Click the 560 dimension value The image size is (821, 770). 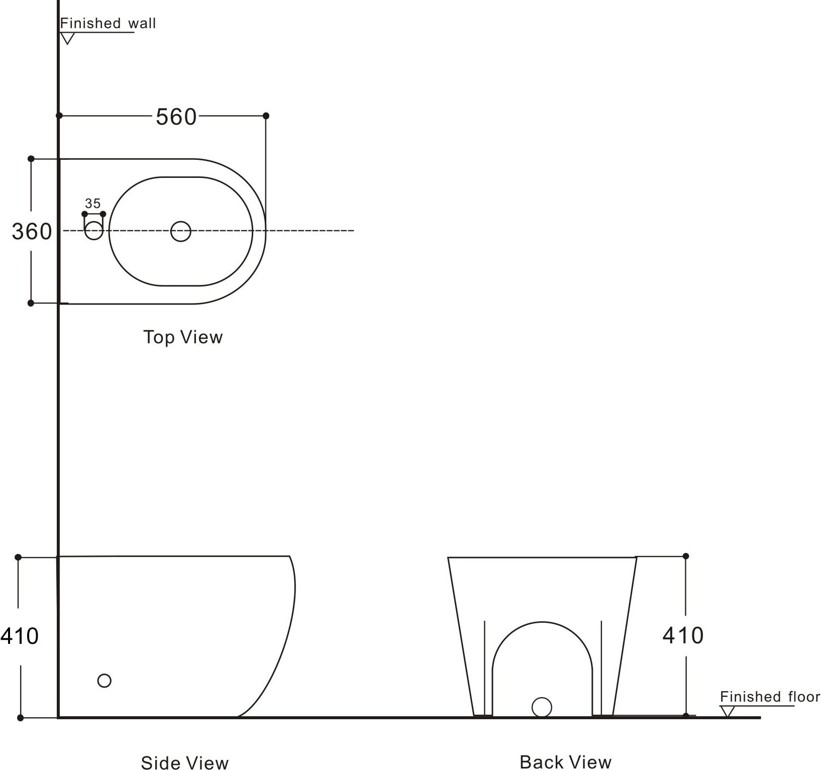(176, 117)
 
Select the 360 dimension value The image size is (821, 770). (32, 232)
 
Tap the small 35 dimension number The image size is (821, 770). (93, 203)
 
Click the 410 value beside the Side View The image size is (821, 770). (19, 636)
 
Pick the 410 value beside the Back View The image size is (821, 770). (683, 636)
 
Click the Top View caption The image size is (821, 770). (183, 337)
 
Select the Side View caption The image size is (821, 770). (185, 762)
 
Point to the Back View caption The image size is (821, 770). (566, 762)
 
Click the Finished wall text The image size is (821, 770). (108, 23)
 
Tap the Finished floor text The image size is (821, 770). (770, 697)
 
